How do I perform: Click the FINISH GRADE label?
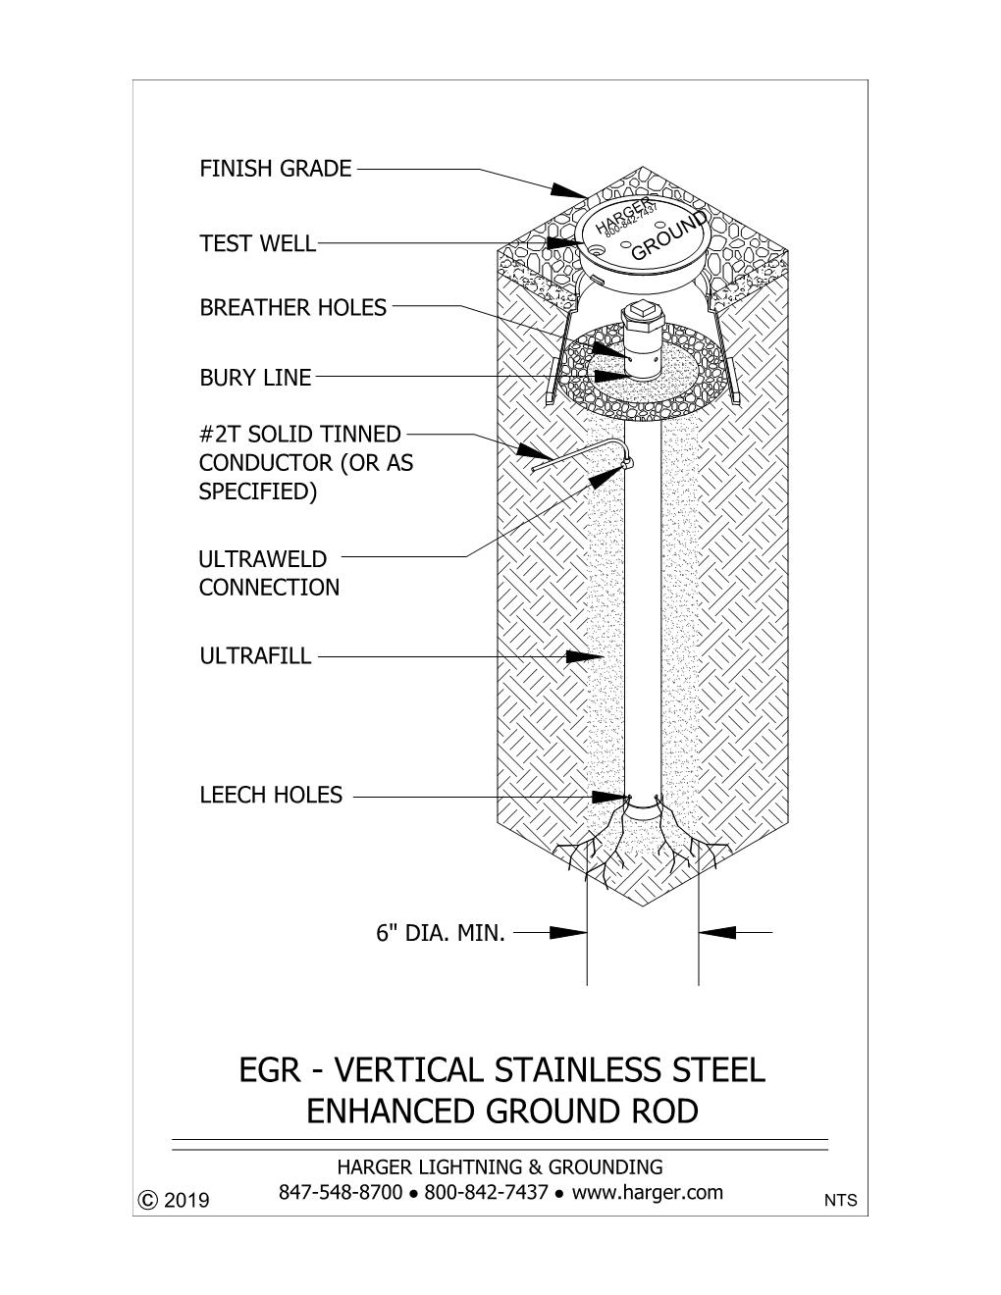(276, 169)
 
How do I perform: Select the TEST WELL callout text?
(257, 243)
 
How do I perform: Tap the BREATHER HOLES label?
(293, 307)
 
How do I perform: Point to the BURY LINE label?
(255, 378)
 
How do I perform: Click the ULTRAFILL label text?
(255, 656)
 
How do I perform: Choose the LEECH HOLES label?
(271, 795)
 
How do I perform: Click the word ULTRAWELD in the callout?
(263, 559)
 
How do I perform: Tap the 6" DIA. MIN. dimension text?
(441, 933)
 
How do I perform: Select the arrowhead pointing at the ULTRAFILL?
(584, 656)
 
